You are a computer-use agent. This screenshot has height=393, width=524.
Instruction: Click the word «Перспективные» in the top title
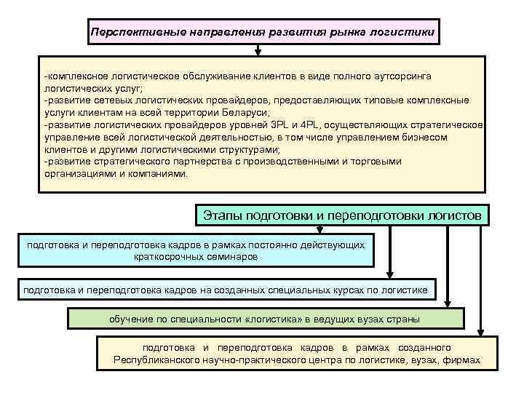point(127,33)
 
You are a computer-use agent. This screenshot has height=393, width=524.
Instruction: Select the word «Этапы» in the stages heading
point(222,215)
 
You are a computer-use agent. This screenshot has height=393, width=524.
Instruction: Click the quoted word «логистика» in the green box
point(277,319)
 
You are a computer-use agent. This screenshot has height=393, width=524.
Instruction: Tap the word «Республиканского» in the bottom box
point(155,360)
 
